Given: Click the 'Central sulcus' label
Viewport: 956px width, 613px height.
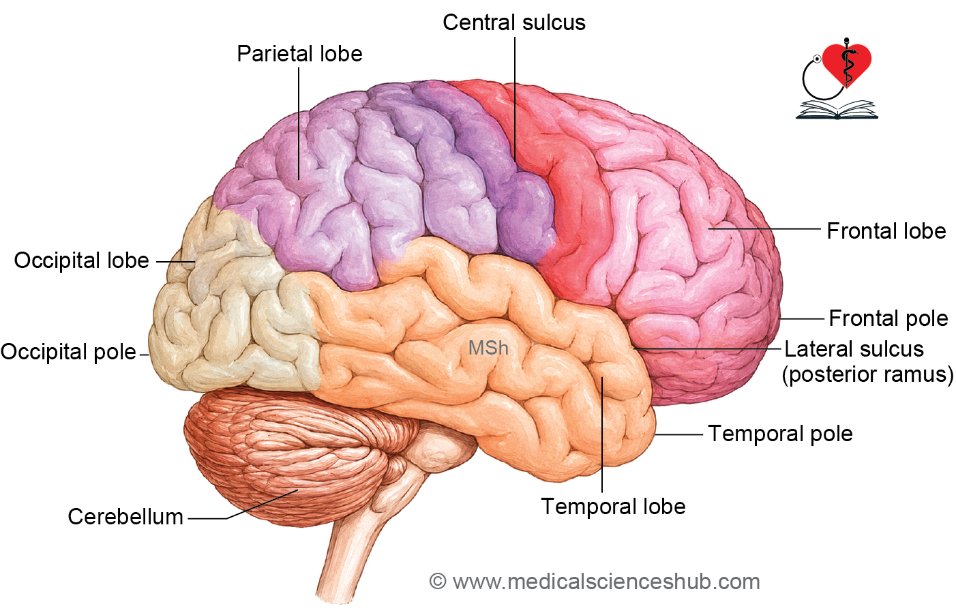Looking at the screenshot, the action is coord(514,23).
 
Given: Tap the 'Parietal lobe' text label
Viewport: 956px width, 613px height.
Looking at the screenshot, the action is coord(299,54).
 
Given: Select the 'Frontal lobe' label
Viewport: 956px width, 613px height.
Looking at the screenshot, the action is coord(886,231).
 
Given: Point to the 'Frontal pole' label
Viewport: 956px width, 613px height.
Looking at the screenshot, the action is coord(888,318).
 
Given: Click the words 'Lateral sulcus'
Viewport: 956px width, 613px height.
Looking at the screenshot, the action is coord(854,349).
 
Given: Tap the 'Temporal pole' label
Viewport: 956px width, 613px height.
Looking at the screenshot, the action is coord(780,434).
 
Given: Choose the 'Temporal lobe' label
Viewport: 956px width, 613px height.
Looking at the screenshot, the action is coord(613,507).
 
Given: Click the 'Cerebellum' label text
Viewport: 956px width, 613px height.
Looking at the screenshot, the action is coord(125,517).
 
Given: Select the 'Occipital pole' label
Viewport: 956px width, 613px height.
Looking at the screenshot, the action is coord(68,352).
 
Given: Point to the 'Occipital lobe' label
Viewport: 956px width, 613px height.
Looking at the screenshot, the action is coord(82,260).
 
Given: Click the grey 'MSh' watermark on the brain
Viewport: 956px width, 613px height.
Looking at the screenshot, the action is coord(488,348).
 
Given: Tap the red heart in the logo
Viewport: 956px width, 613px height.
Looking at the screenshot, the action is coord(847,64).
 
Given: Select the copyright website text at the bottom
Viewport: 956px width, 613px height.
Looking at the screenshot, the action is coord(595,582).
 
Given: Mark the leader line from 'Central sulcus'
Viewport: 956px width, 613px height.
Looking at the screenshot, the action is coord(515,99).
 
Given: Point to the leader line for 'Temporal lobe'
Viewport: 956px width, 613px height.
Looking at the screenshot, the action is coord(602,434).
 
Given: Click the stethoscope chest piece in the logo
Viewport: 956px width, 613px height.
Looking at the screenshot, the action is coord(817,59).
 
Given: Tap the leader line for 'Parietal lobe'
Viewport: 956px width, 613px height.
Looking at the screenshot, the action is coord(299,123).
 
